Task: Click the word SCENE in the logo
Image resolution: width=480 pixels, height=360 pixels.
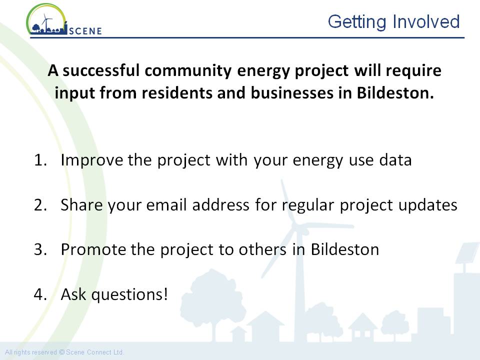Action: tap(85, 31)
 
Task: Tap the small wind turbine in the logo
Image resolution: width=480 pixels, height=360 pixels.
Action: tap(46, 22)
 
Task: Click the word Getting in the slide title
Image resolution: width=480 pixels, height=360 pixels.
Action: tap(357, 22)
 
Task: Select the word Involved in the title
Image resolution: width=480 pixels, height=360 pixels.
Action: tap(426, 21)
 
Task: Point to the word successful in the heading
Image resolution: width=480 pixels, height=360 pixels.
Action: tap(101, 70)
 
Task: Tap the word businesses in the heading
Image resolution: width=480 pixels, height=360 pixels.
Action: tap(292, 93)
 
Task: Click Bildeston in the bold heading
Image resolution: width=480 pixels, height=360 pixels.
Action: tap(395, 93)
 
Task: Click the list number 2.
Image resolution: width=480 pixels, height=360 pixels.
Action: tap(40, 205)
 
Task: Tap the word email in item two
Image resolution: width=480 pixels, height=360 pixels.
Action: tap(166, 204)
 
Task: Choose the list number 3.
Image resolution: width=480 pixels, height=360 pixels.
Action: tap(40, 250)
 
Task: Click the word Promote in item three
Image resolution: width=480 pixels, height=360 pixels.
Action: tap(93, 249)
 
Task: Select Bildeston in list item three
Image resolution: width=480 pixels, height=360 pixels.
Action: tap(345, 249)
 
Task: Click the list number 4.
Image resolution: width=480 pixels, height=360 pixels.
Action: tap(40, 294)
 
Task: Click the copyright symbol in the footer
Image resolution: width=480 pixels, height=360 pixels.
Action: tap(61, 352)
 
